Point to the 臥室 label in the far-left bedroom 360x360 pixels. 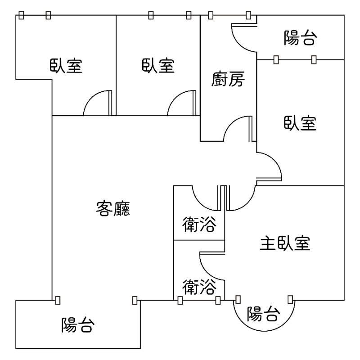tap(66, 66)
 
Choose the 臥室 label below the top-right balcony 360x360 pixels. tap(300, 122)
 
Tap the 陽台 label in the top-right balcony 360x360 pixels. tap(300, 39)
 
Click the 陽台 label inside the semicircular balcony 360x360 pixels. tap(264, 314)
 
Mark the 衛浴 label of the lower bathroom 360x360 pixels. tap(199, 286)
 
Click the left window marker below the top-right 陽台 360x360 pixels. tap(276, 59)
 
